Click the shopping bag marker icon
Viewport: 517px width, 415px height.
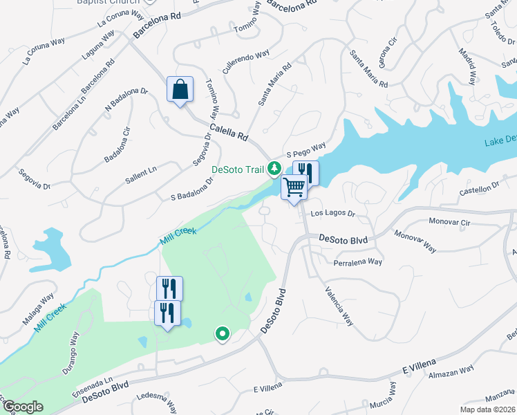click(180, 89)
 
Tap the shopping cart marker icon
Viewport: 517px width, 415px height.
click(294, 187)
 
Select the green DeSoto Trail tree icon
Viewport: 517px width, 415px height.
click(274, 168)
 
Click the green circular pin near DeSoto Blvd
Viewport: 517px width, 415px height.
click(222, 335)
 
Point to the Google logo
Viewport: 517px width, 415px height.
click(22, 407)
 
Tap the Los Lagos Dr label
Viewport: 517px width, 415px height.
click(332, 214)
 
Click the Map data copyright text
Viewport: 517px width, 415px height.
click(488, 409)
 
